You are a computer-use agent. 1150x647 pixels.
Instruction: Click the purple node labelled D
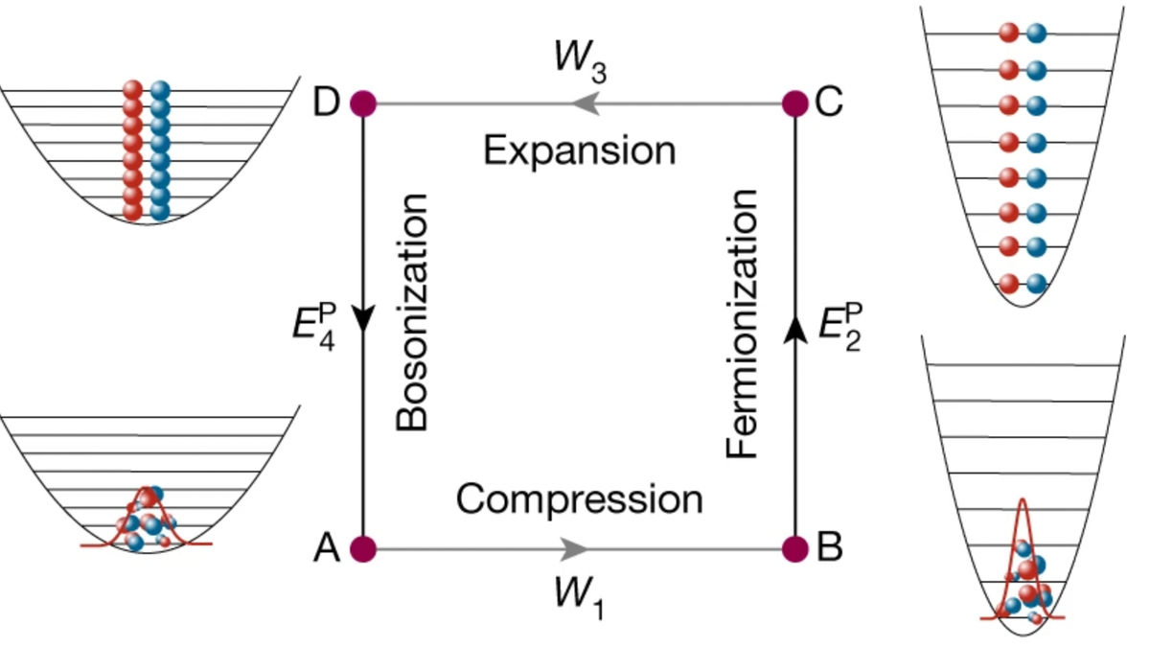click(363, 104)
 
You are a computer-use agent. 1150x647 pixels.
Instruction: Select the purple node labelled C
click(795, 104)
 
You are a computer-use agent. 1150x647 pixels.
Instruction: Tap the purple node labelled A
click(363, 549)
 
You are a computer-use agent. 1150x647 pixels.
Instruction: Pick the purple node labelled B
click(795, 549)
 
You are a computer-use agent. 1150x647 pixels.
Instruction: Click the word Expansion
click(580, 151)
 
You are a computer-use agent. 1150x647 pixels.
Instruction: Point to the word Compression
click(580, 500)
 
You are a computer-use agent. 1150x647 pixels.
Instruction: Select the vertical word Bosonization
click(412, 312)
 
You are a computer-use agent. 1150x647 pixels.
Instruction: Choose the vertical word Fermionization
click(742, 324)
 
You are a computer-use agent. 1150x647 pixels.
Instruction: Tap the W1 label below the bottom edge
click(580, 598)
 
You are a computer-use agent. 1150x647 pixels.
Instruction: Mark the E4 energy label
click(314, 327)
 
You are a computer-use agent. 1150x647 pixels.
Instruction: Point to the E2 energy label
click(840, 327)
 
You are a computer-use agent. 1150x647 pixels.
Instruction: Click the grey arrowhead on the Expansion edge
click(586, 104)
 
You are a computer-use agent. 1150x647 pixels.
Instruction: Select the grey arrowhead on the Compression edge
click(573, 549)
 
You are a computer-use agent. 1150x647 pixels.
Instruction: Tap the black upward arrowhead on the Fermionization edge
click(795, 330)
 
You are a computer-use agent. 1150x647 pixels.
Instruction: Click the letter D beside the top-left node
click(327, 103)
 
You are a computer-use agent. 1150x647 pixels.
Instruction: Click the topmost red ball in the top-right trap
click(1009, 33)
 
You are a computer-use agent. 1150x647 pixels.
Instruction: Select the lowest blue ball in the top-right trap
click(1037, 284)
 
